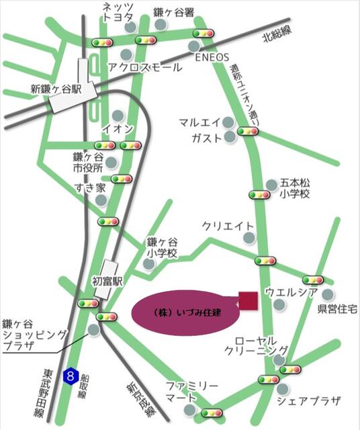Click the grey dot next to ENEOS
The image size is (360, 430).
point(193,46)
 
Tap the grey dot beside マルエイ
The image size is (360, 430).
point(229,123)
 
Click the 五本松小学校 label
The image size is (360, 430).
point(295,188)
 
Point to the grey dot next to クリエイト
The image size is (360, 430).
point(249,237)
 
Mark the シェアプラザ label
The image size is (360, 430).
point(309,401)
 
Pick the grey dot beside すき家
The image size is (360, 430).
point(101,200)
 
